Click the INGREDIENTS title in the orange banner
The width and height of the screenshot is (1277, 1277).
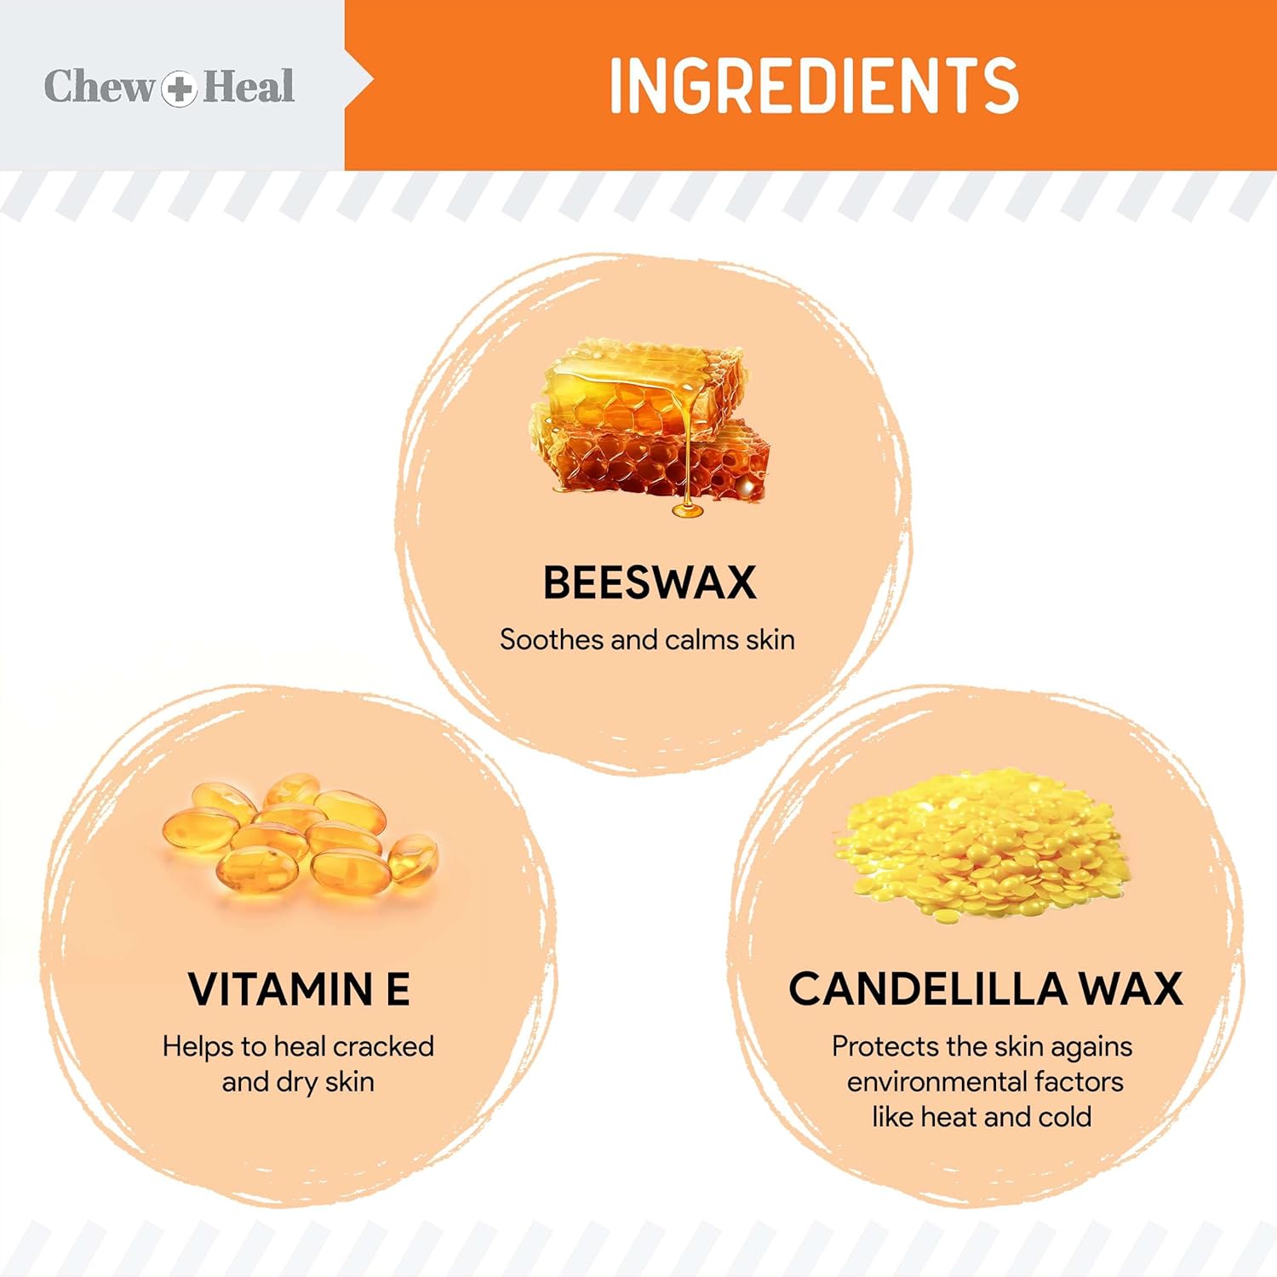point(814,85)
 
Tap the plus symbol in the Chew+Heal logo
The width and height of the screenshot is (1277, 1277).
point(179,88)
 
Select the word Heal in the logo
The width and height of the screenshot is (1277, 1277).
point(249,86)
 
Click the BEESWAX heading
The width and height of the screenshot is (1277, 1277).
point(650,583)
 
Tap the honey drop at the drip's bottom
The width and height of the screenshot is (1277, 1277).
point(687,510)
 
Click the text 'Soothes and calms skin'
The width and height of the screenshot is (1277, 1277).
point(647,639)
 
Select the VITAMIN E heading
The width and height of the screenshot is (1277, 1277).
point(299,989)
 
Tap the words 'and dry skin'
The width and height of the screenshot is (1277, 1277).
point(298,1082)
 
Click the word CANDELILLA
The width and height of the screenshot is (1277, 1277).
point(927,989)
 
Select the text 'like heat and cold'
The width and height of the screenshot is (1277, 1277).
point(982,1117)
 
